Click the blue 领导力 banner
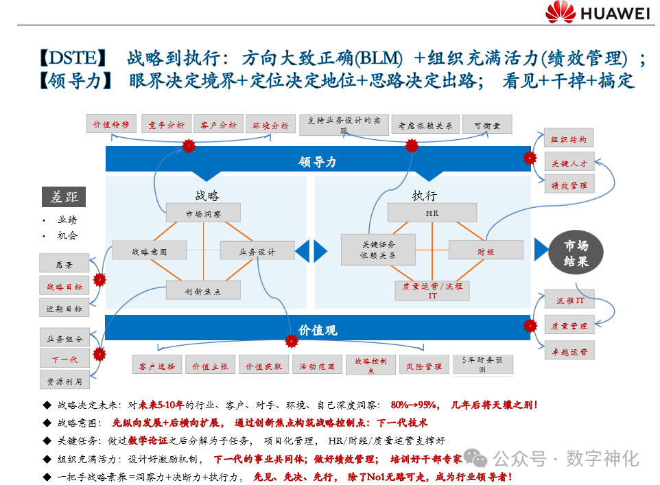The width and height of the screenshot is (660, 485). [x=317, y=161]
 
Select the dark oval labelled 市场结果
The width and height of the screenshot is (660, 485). [x=576, y=253]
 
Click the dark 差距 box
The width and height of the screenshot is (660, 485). [x=64, y=197]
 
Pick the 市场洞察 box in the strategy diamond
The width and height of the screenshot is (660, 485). [x=203, y=213]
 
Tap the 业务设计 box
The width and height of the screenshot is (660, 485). [x=257, y=251]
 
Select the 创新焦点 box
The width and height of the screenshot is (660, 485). [x=203, y=290]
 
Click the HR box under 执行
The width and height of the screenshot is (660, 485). [x=432, y=213]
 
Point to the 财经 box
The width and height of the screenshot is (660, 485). [x=486, y=251]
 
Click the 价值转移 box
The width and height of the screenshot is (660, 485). [x=111, y=125]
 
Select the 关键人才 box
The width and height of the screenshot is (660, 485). [x=569, y=163]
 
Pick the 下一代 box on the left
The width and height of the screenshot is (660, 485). [x=64, y=359]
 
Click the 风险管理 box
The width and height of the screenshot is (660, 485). [x=423, y=366]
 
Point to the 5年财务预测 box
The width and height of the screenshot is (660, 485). [x=482, y=364]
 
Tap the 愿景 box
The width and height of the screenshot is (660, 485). [x=64, y=264]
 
